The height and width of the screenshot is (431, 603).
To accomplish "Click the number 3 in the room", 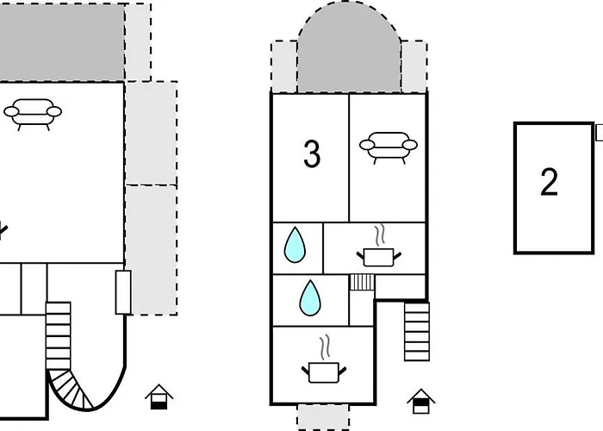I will pos(312,154).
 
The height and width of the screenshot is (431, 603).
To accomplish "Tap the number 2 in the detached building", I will pos(549,183).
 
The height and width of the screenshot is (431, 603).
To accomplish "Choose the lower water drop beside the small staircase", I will pos(310,298).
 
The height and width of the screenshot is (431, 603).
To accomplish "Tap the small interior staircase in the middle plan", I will pos(361,282).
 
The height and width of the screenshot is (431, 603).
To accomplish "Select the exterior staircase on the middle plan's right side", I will pos(417,331).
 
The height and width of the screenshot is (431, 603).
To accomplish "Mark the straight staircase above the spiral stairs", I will pos(58,332).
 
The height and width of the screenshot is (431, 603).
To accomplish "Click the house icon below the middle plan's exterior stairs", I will pos(420,401).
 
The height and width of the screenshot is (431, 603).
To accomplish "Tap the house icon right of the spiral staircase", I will pos(159,397).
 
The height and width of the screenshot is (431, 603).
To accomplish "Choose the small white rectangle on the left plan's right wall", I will pos(122,291).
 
